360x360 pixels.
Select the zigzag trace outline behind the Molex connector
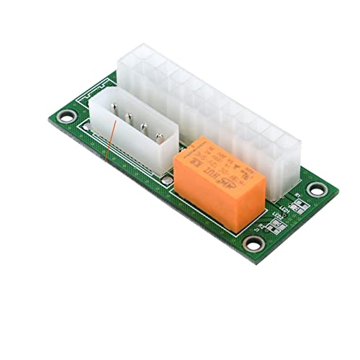(x=96, y=89)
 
